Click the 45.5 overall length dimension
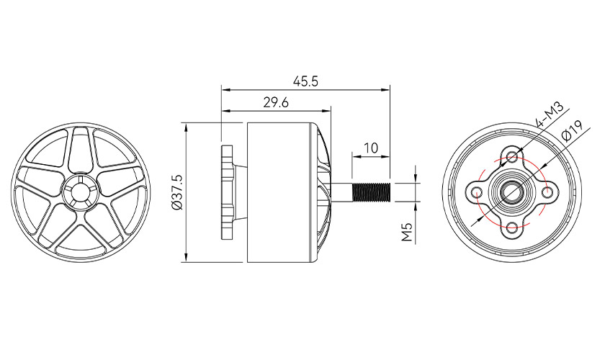pos(305,81)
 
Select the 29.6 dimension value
pos(276,103)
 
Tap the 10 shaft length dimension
pos(371,148)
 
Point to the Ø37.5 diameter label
pos(176,192)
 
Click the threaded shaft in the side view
pos(370,192)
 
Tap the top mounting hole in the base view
pos(512,157)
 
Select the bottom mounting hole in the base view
pos(512,228)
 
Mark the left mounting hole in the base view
pos(477,192)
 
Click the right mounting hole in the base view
pos(548,192)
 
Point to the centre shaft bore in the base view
pos(512,192)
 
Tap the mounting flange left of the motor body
pos(229,192)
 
